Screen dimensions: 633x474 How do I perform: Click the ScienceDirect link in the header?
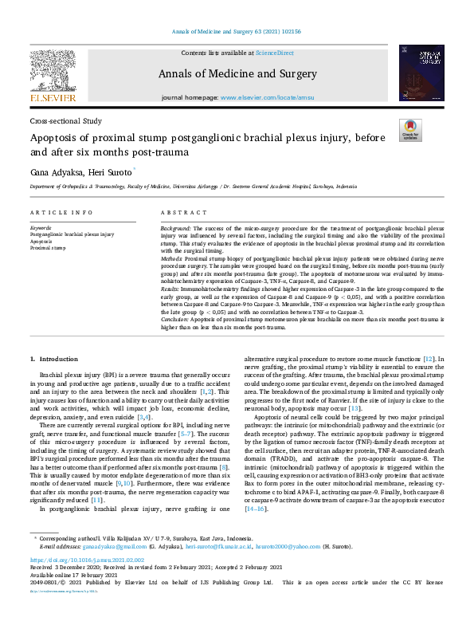273,52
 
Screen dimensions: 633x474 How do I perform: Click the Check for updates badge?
410,131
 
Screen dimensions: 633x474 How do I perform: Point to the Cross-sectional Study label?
66,121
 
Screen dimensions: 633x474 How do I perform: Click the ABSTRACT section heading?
179,214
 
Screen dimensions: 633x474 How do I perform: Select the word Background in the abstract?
175,228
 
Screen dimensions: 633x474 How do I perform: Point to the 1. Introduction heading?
54,360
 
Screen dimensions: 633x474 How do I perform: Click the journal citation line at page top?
237,32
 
